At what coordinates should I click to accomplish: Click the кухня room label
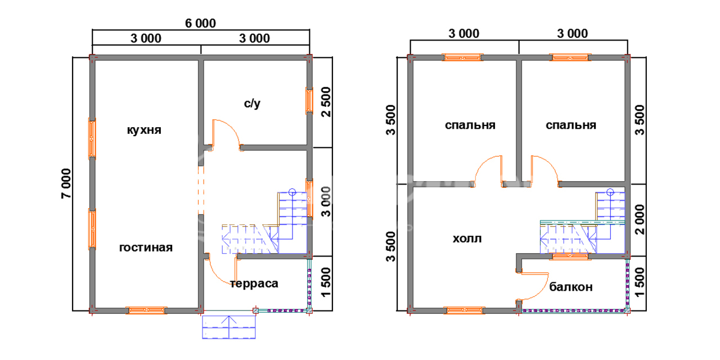[x=144, y=130]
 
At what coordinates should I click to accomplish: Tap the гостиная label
[x=146, y=247]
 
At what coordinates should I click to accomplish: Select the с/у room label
[x=252, y=103]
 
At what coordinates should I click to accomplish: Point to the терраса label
[x=254, y=283]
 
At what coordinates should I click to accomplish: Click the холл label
[x=467, y=239]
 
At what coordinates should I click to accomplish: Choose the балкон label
[x=571, y=287]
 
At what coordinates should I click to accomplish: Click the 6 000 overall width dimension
[x=201, y=23]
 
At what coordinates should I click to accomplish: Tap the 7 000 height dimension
[x=66, y=183]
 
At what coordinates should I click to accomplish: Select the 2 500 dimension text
[x=326, y=102]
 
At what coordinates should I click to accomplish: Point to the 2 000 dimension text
[x=640, y=219]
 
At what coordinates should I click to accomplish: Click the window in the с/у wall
[x=309, y=101]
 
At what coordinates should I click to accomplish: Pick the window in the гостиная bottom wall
[x=146, y=310]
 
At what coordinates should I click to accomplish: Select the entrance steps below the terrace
[x=229, y=327]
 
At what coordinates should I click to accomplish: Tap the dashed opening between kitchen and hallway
[x=201, y=190]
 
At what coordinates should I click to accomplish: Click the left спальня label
[x=470, y=125]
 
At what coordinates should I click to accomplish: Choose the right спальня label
[x=571, y=125]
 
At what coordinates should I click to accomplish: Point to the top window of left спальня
[x=462, y=57]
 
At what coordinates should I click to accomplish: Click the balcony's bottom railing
[x=574, y=311]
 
